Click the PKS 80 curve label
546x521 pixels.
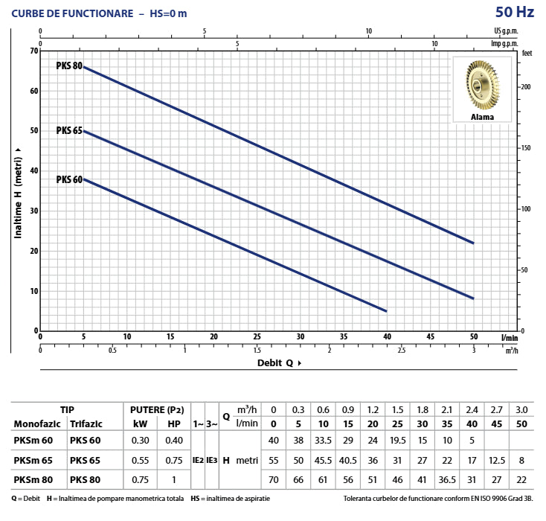[x=68, y=65]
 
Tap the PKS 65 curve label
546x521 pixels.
[x=68, y=130]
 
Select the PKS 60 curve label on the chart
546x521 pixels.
[x=68, y=179]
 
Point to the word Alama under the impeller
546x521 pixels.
[x=481, y=117]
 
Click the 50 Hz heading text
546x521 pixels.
[x=514, y=13]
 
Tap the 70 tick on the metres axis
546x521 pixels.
[x=33, y=51]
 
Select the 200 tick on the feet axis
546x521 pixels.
[x=526, y=87]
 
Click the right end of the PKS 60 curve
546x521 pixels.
[x=386, y=310]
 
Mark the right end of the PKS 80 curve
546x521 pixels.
[x=473, y=243]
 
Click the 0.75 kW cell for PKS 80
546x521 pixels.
[x=139, y=479]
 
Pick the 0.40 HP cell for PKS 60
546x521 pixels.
[x=174, y=439]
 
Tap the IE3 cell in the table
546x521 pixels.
[x=212, y=459]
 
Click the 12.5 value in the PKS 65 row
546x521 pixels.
[x=496, y=459]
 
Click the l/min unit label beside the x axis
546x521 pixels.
[x=508, y=337]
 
